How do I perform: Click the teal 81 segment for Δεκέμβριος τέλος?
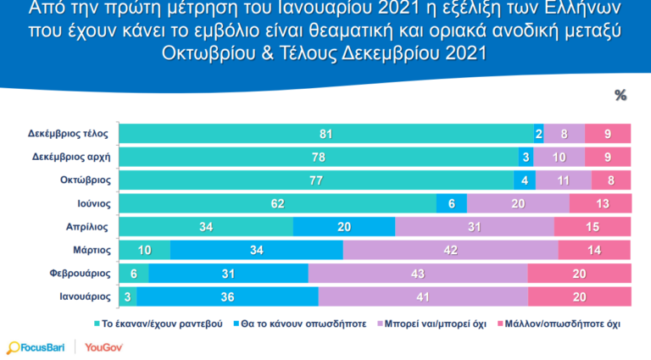pos(326,134)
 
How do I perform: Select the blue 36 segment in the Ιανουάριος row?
pos(227,297)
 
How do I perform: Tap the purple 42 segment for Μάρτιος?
pos(450,251)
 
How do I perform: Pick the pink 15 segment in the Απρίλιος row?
pos(592,227)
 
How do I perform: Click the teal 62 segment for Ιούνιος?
pos(277,204)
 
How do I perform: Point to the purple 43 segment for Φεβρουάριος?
pos(417,274)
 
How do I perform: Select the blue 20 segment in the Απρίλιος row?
pos(344,227)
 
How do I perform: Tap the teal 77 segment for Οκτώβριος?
pos(316,180)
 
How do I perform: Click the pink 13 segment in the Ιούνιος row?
pos(599,204)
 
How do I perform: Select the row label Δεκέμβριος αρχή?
pos(72,158)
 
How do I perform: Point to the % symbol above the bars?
pos(620,96)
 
